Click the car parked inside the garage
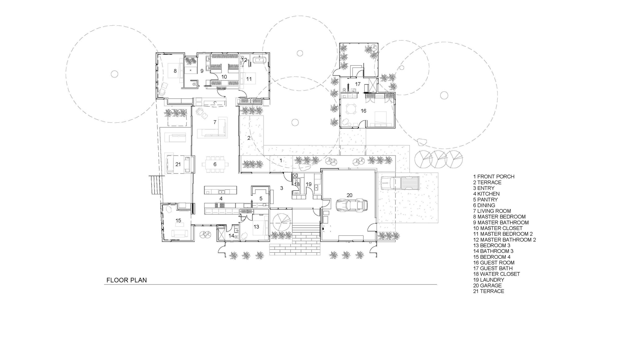tap(352, 205)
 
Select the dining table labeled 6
tap(215, 164)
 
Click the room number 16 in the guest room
tap(363, 111)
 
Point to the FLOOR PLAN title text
tap(126, 280)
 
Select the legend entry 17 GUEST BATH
tap(493, 268)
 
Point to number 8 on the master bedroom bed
tap(175, 71)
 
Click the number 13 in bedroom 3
tap(256, 227)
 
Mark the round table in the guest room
tap(351, 109)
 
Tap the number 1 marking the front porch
tap(281, 160)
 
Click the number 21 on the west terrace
tap(178, 164)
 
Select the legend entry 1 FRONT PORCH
tap(494, 177)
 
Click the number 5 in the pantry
tap(261, 198)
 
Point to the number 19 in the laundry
tap(308, 184)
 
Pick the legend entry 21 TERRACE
tap(489, 291)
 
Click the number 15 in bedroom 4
tap(178, 221)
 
